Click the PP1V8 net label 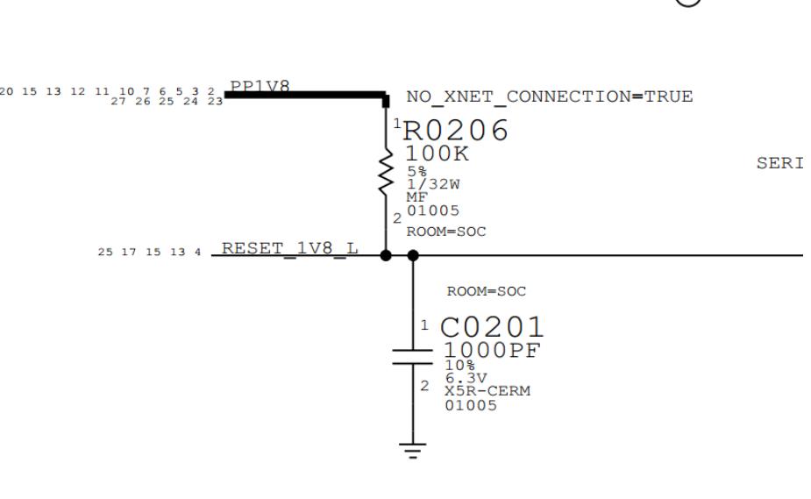(260, 86)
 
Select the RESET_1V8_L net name (289, 248)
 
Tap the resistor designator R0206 (455, 131)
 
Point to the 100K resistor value (436, 153)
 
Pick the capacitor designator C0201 (491, 328)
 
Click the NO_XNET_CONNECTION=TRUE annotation (550, 96)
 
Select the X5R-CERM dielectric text (487, 391)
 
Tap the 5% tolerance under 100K (416, 172)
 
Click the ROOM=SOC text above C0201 (486, 291)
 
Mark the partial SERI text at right (779, 164)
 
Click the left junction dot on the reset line (386, 255)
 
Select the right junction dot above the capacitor (414, 255)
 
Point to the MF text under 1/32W (416, 198)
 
